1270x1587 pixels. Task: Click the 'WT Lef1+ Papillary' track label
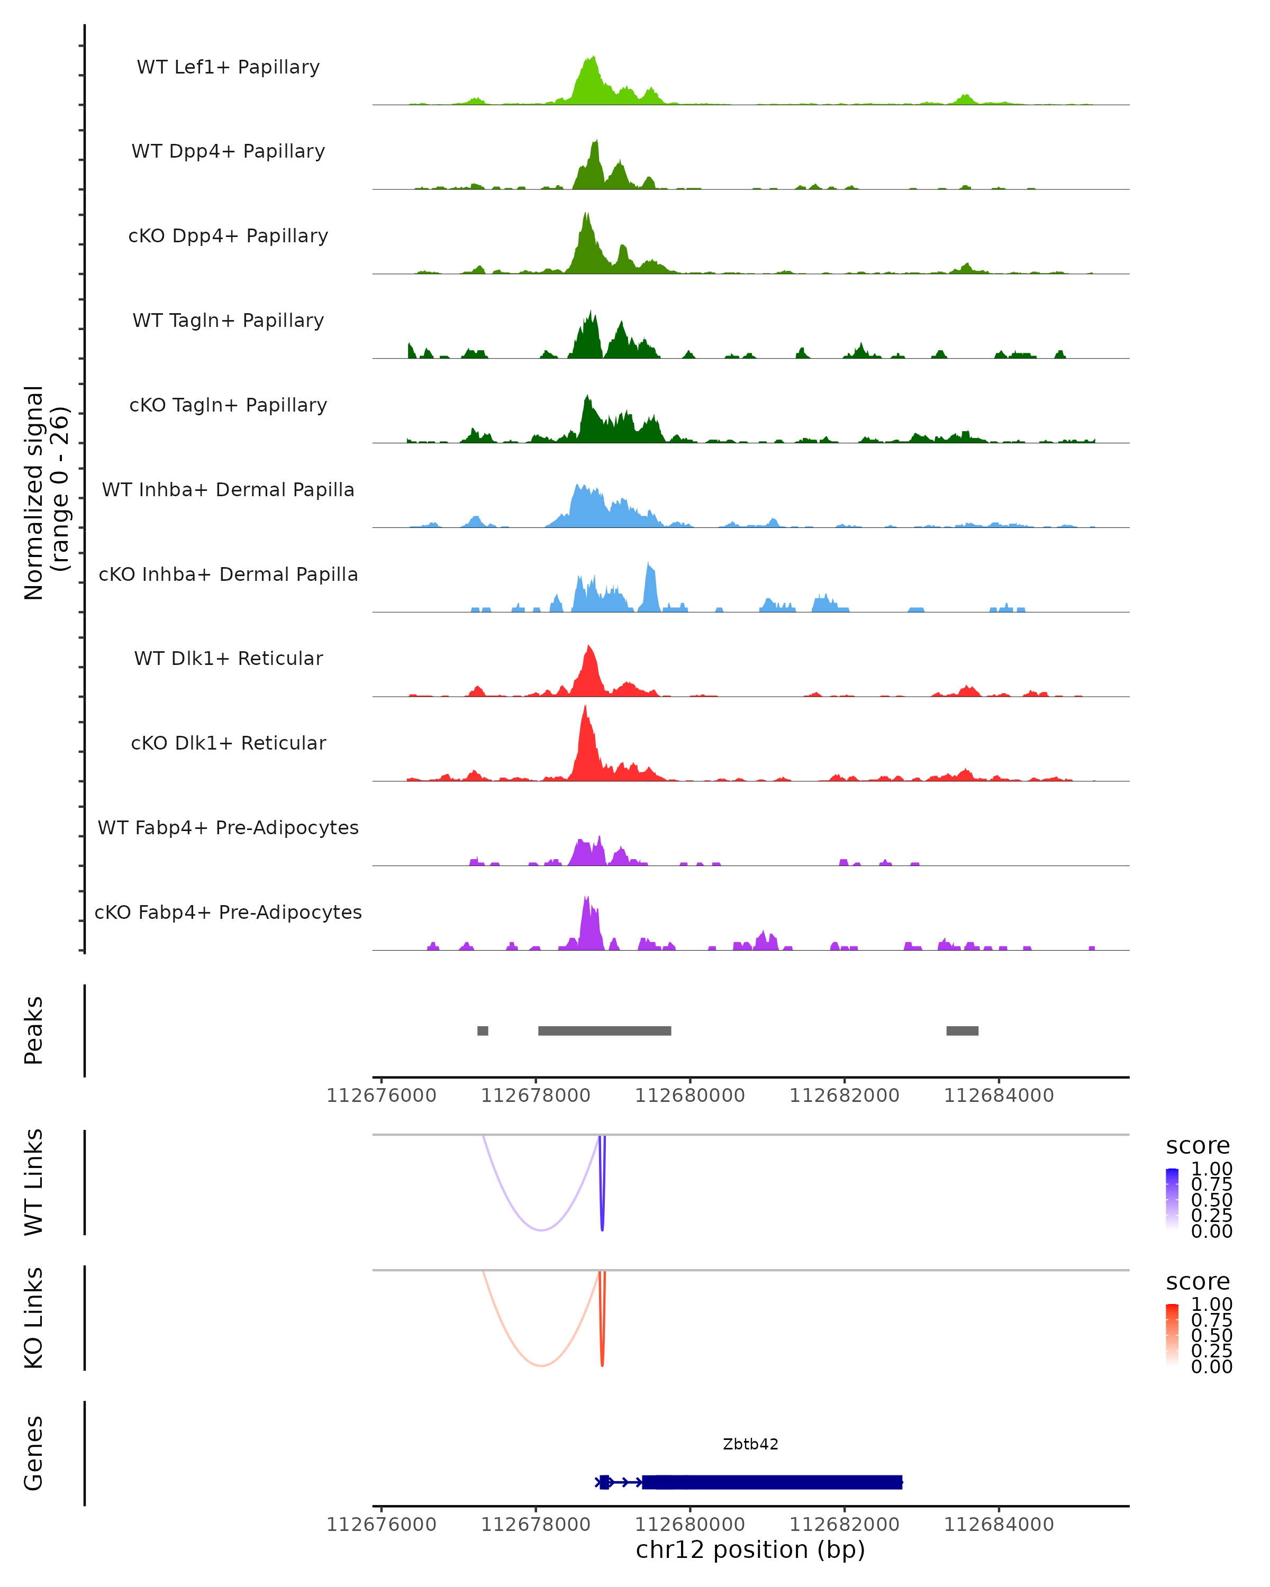pyautogui.click(x=228, y=67)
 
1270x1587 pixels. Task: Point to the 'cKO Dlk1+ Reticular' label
pyautogui.click(x=228, y=743)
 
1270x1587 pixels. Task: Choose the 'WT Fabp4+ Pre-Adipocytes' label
pyautogui.click(x=228, y=827)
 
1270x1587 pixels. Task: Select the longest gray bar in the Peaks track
pyautogui.click(x=604, y=1030)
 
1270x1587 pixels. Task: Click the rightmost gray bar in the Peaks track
pyautogui.click(x=962, y=1030)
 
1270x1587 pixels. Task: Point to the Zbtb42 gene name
pyautogui.click(x=750, y=1444)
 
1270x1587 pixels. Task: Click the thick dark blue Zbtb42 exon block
pyautogui.click(x=773, y=1482)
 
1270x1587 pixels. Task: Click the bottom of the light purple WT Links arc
pyautogui.click(x=541, y=1230)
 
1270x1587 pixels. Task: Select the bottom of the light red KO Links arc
pyautogui.click(x=541, y=1365)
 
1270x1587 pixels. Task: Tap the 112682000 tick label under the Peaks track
pyautogui.click(x=845, y=1096)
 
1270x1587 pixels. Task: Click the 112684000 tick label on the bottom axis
pyautogui.click(x=999, y=1525)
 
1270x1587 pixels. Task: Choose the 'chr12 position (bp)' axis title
pyautogui.click(x=750, y=1550)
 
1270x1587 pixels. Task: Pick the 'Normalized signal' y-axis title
pyautogui.click(x=34, y=492)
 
